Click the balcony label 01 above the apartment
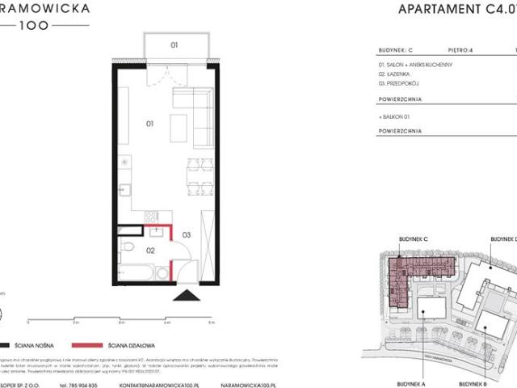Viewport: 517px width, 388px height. (x=174, y=45)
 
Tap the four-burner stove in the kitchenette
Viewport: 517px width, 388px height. (x=150, y=217)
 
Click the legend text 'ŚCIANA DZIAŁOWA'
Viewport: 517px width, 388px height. (x=141, y=344)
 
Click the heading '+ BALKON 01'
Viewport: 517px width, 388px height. (x=395, y=116)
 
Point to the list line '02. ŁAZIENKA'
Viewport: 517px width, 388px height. (x=396, y=74)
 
